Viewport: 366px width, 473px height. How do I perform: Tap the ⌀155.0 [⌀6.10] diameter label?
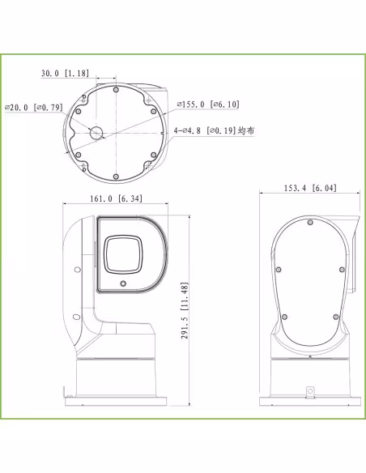pos(208,104)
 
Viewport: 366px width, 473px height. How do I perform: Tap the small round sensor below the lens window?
pos(123,284)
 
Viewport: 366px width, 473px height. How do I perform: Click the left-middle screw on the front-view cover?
pos(278,269)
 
